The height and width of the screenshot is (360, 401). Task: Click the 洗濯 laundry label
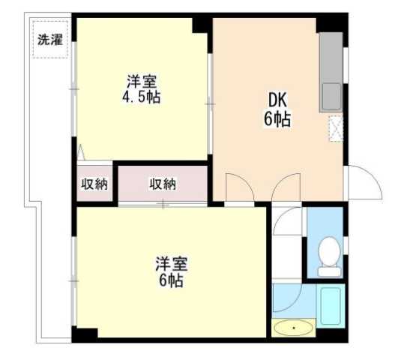pos(52,40)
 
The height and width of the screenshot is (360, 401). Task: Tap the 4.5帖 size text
pos(143,97)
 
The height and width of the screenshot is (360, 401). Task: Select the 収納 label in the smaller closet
pos(94,184)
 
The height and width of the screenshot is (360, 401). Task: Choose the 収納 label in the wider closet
pos(162,184)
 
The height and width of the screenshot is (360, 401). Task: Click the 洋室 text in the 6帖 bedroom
pos(171,265)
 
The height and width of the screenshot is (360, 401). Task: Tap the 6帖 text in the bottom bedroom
pos(171,281)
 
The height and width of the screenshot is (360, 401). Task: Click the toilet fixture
pos(328,255)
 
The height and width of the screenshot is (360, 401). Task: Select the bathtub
pos(331,304)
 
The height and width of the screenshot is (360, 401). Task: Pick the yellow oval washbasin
pos(292,328)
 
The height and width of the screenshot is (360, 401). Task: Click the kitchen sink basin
pos(331,97)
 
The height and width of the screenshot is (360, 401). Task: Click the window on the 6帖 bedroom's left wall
pos(73,279)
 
